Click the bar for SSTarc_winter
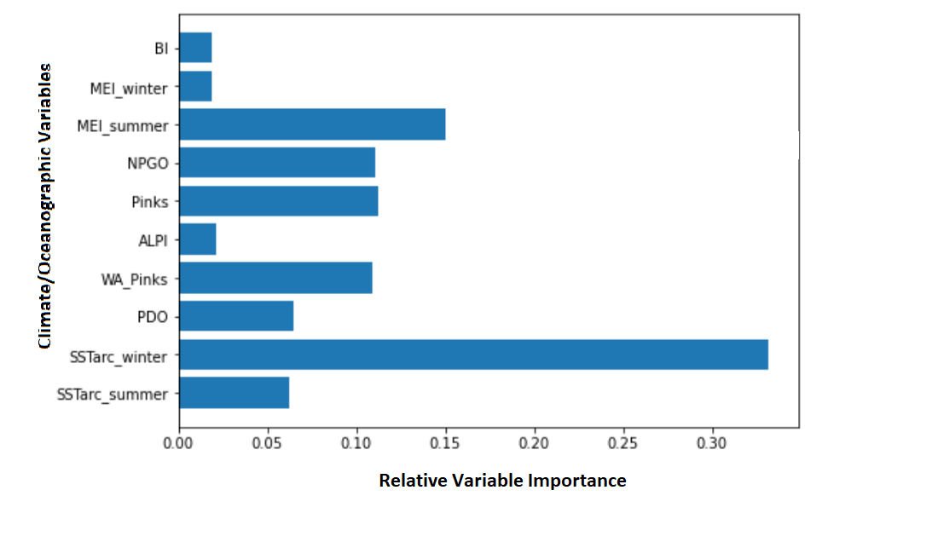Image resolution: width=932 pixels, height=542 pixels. tap(474, 355)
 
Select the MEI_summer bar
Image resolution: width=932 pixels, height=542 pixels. tap(313, 124)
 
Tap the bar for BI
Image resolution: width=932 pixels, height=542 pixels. tap(195, 48)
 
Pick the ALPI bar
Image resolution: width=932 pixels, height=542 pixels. tap(198, 239)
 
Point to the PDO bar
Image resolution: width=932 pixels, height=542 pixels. tap(236, 315)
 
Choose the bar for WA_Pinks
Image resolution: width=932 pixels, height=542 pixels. tap(275, 278)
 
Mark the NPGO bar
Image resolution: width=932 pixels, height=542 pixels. tap(278, 162)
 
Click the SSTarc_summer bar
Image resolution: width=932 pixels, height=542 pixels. tap(234, 393)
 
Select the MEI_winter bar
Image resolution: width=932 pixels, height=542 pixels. tap(195, 86)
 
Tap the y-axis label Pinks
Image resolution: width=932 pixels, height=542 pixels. tap(150, 202)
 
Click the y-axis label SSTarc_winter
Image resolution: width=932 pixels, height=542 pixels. tap(119, 357)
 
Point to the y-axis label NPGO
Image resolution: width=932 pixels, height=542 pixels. tap(148, 164)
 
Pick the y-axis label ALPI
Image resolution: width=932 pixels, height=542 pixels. tap(153, 240)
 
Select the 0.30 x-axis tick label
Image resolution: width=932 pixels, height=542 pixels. tap(711, 443)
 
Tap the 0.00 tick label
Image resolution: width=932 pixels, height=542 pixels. tap(178, 443)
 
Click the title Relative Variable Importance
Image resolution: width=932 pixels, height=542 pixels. tap(503, 480)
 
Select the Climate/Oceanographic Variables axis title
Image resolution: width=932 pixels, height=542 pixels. tap(45, 205)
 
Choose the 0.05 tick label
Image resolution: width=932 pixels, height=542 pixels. tap(267, 443)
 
